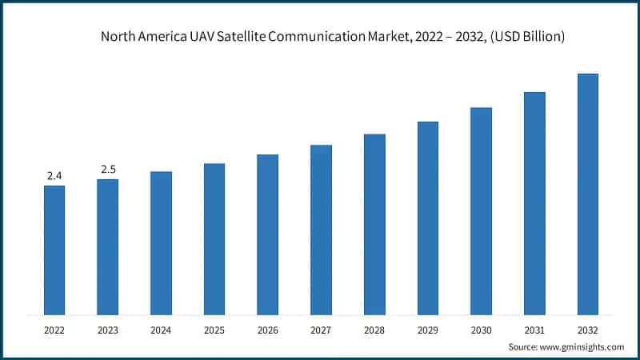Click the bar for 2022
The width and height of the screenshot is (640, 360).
(54, 250)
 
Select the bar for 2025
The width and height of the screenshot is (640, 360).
(214, 238)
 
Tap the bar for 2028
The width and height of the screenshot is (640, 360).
(374, 224)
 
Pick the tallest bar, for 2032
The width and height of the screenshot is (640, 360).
(588, 194)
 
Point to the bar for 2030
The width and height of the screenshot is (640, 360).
(481, 210)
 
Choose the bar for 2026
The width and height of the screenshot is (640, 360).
(267, 234)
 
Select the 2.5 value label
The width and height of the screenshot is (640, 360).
(108, 169)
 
